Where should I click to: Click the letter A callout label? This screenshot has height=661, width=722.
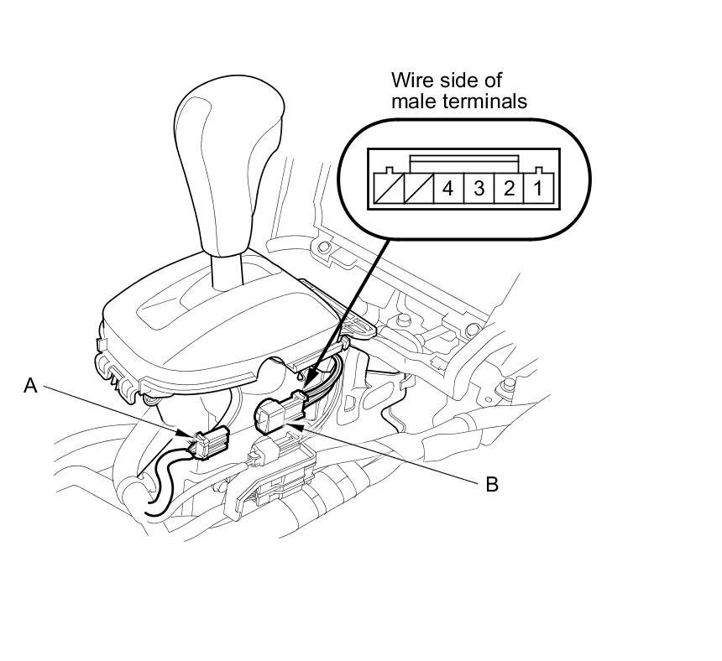(31, 386)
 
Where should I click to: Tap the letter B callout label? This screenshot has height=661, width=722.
(492, 484)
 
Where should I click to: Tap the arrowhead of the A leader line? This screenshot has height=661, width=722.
(189, 435)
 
